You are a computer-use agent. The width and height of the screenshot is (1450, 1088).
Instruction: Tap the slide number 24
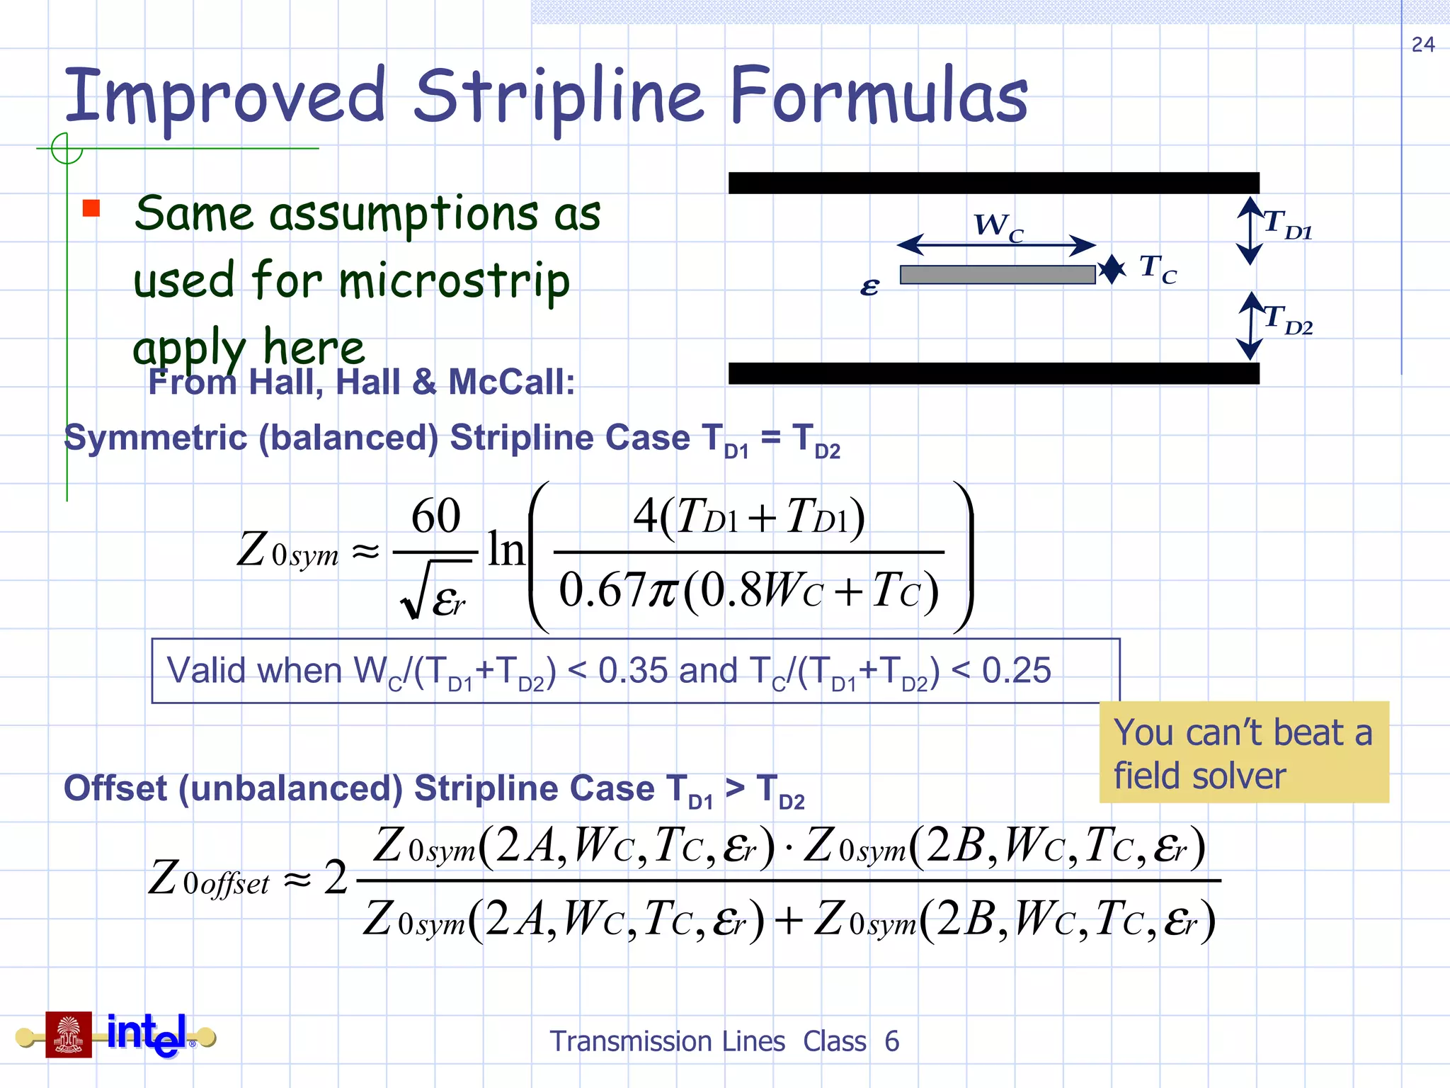(x=1423, y=45)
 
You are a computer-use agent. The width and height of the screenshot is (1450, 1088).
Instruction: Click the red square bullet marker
(x=91, y=208)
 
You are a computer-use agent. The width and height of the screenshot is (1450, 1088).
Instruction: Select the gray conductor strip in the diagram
(x=997, y=275)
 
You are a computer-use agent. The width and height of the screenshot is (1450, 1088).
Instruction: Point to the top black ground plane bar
(x=993, y=183)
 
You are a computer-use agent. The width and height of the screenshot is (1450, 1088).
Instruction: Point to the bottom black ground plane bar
(x=993, y=373)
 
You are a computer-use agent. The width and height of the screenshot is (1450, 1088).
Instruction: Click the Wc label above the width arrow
(x=998, y=227)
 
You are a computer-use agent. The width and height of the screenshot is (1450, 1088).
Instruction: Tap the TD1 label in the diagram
(x=1287, y=225)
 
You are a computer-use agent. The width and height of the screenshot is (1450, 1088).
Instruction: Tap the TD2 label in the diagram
(x=1287, y=319)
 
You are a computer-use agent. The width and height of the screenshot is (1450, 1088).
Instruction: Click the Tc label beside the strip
(x=1158, y=270)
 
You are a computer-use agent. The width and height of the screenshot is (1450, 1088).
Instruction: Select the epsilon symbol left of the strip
(x=869, y=286)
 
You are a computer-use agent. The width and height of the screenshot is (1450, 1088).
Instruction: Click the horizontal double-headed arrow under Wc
(x=996, y=245)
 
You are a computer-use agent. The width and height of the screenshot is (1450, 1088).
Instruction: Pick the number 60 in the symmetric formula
(x=436, y=515)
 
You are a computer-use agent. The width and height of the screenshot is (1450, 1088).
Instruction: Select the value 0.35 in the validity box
(x=633, y=670)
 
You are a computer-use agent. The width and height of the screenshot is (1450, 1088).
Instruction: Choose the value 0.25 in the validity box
(x=1017, y=670)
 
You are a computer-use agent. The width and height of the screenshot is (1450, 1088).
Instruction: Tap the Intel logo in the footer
(x=147, y=1034)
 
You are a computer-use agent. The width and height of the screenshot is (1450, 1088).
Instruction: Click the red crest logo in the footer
(x=69, y=1034)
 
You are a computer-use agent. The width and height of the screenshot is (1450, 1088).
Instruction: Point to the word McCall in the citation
(x=511, y=382)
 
